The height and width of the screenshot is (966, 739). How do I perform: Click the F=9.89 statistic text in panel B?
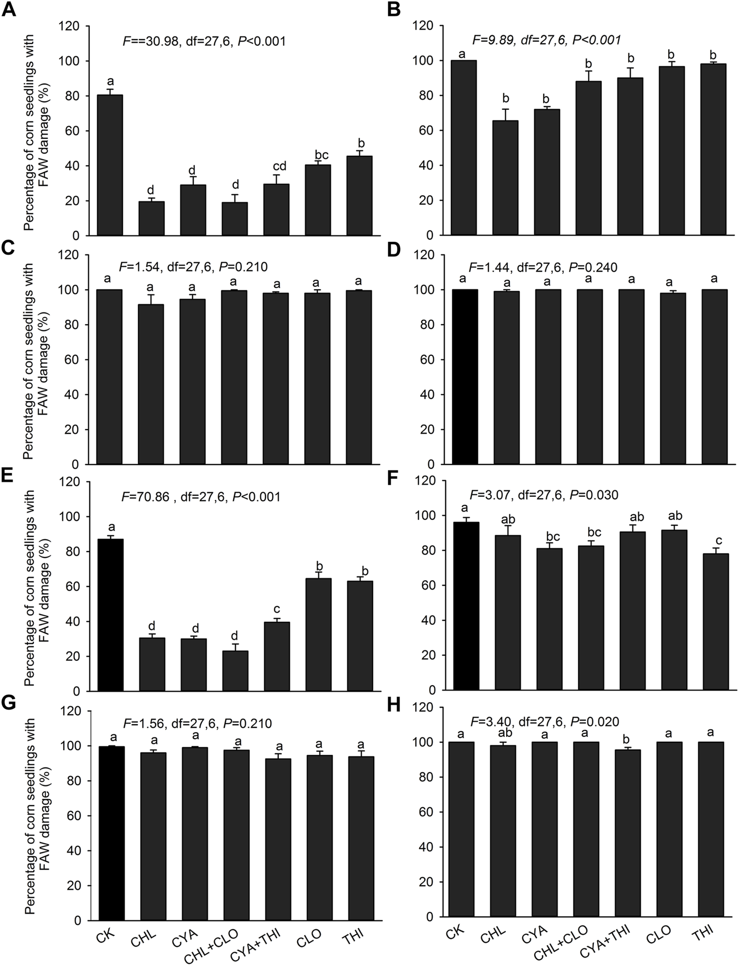pyautogui.click(x=546, y=40)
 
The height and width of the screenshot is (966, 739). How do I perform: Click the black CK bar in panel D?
pyautogui.click(x=465, y=377)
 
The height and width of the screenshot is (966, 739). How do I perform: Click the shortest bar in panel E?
pyautogui.click(x=235, y=671)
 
